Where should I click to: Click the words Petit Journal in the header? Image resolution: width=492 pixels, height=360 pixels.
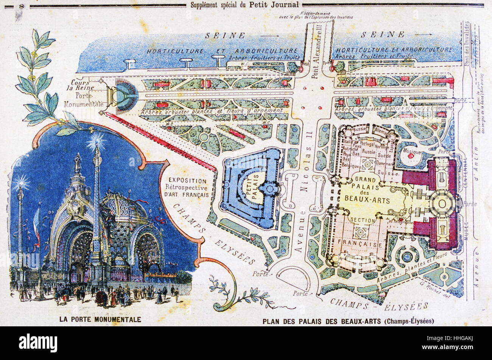[x=280, y=5]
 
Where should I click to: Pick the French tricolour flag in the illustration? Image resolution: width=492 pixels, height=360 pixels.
[x=37, y=225]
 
